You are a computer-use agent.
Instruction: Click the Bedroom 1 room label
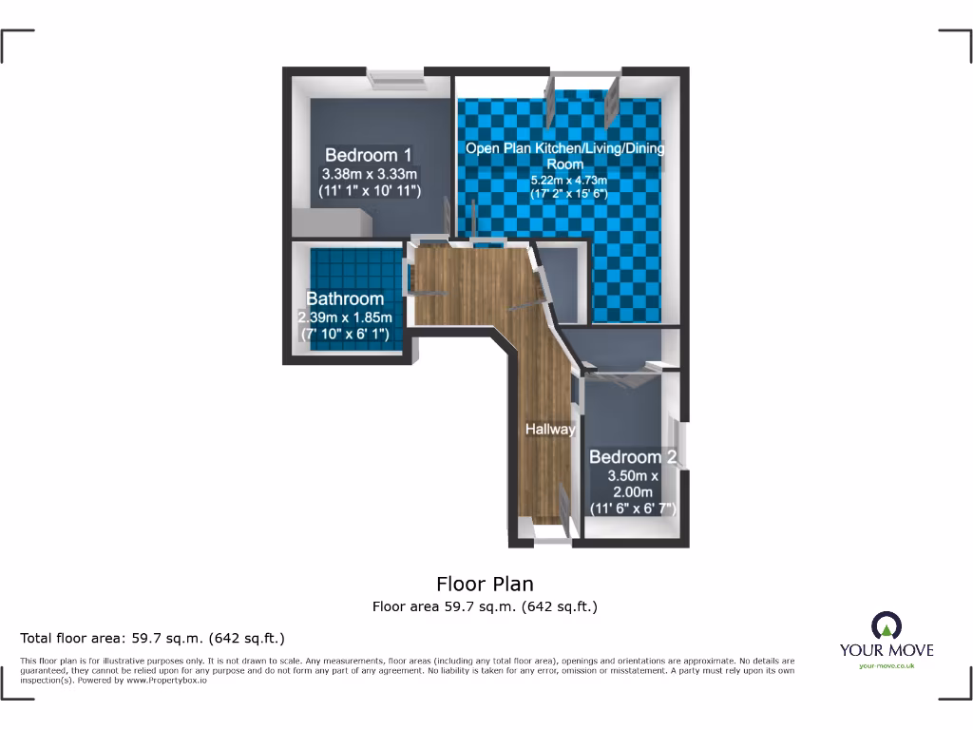(x=369, y=155)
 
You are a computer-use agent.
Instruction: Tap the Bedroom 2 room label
(x=633, y=457)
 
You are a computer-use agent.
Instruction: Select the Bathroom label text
(x=345, y=298)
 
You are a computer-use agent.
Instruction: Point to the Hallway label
(x=550, y=430)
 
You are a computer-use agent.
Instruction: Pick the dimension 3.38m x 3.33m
(x=370, y=174)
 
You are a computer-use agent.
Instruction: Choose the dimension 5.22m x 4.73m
(x=568, y=181)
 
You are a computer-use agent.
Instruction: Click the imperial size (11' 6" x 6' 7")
(x=633, y=509)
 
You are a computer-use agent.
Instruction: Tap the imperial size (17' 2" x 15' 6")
(x=568, y=194)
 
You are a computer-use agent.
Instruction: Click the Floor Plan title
(x=486, y=584)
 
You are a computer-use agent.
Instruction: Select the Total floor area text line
(x=153, y=638)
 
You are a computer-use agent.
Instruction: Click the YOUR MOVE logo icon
(x=887, y=625)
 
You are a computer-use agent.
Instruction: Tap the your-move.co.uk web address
(x=887, y=666)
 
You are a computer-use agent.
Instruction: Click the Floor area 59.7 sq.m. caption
(x=485, y=606)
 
